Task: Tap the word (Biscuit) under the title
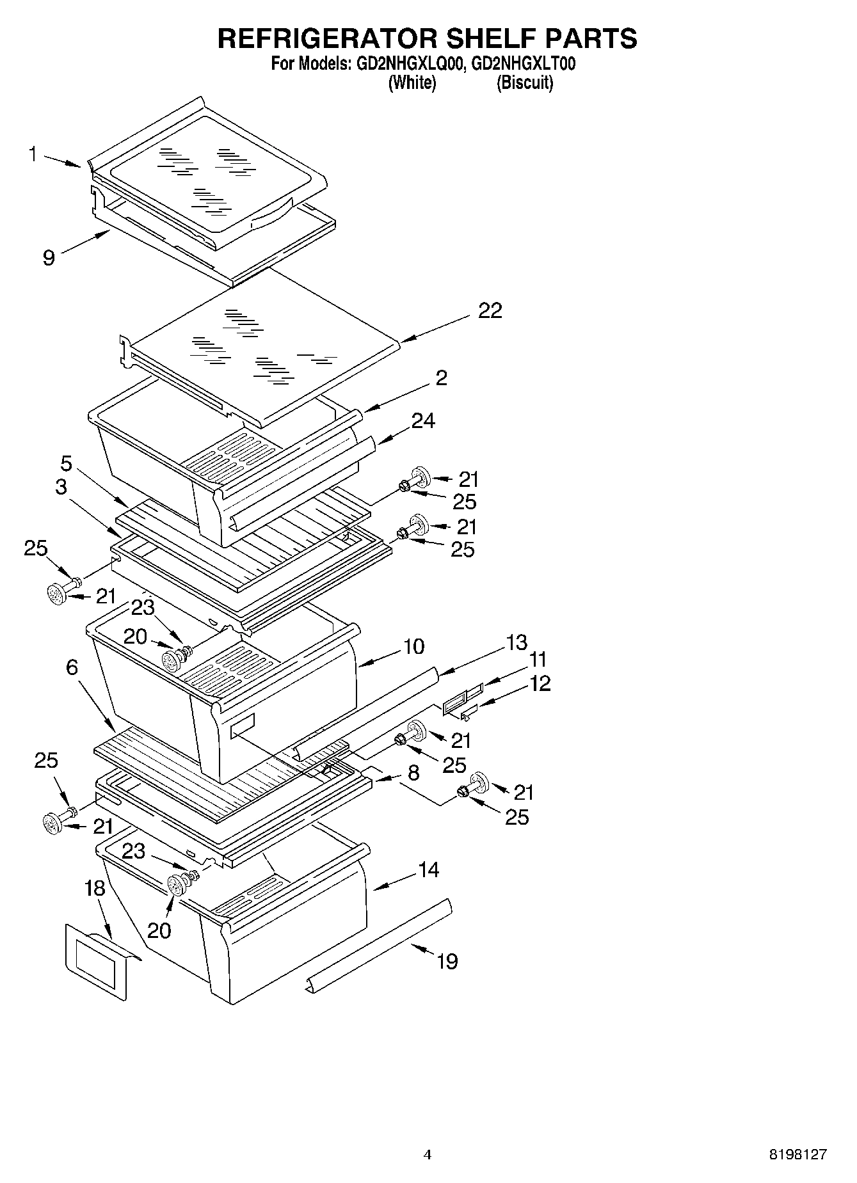tap(525, 83)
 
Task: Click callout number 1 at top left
tap(33, 154)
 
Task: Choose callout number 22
tap(490, 311)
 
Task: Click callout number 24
tap(423, 420)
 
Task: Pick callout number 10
tap(414, 647)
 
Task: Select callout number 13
tap(517, 642)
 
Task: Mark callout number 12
tap(540, 683)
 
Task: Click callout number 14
tap(429, 869)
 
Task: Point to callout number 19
tap(447, 961)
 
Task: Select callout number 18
tap(95, 889)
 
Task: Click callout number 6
tap(72, 668)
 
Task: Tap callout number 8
tap(413, 772)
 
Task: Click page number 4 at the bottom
tap(428, 1155)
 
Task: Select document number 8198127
tap(797, 1155)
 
